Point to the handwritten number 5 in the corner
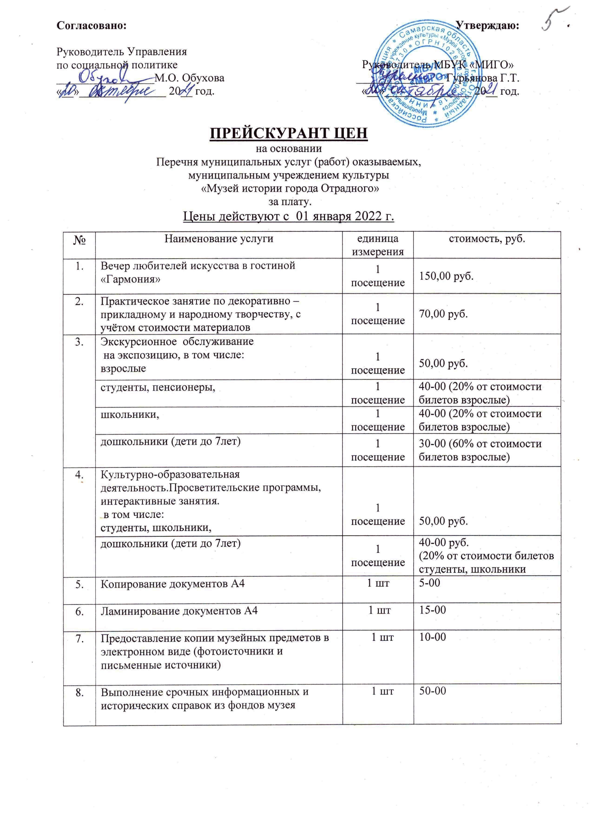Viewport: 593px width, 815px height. [553, 24]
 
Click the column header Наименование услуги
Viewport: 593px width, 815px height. [219, 239]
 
